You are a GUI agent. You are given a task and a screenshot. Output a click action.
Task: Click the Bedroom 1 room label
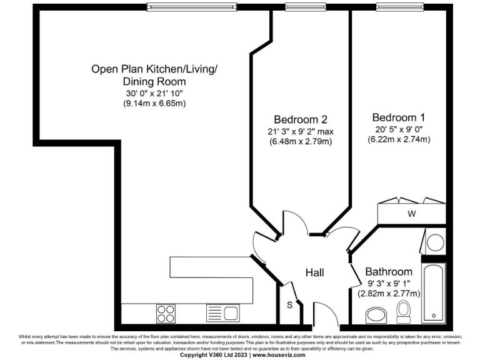pos(398,117)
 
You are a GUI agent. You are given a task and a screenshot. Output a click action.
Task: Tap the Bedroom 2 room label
pos(300,119)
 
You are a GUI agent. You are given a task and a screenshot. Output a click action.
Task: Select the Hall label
pos(314,272)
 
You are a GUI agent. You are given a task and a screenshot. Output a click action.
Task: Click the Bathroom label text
pos(389,272)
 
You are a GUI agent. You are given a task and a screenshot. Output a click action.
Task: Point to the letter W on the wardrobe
pos(411,214)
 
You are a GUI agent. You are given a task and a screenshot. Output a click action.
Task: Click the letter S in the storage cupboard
pos(289,305)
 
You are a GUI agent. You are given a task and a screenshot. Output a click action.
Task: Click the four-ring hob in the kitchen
pos(166,312)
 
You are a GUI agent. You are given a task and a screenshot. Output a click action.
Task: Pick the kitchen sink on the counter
pos(222,312)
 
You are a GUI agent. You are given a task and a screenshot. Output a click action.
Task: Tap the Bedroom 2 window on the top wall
pos(302,7)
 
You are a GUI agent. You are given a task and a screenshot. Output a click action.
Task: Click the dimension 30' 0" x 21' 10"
pos(154,93)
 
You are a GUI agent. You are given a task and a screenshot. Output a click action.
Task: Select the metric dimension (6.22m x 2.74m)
pos(399,139)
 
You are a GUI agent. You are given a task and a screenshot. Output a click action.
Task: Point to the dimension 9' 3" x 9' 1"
pos(389,283)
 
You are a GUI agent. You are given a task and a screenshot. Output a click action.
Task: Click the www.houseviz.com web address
pos(279,355)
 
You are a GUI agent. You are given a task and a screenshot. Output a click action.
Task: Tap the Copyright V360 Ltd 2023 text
pos(214,355)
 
